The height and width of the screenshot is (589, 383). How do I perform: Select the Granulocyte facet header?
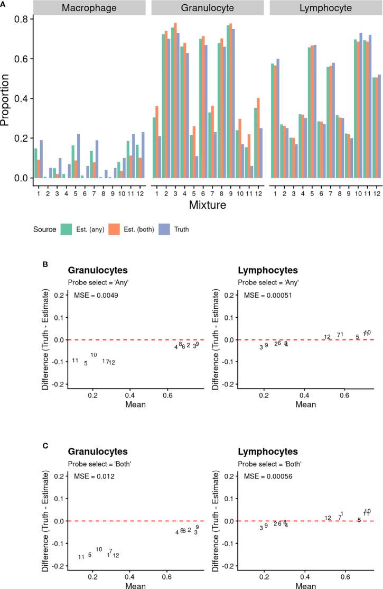[x=208, y=8]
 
